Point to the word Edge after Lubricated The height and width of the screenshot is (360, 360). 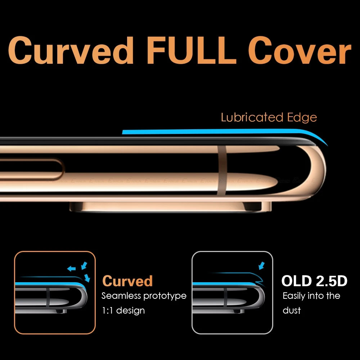pyautogui.click(x=302, y=118)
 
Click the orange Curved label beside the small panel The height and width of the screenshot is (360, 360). pyautogui.click(x=127, y=281)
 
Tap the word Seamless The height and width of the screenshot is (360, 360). pyautogui.click(x=121, y=296)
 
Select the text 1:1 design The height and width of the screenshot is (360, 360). pyautogui.click(x=123, y=310)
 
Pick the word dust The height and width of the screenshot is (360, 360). pyautogui.click(x=292, y=310)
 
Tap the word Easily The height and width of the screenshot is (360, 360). pyautogui.click(x=296, y=296)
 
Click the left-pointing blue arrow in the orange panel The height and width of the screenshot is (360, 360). pyautogui.click(x=71, y=269)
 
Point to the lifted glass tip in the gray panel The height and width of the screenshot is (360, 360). pyautogui.click(x=259, y=278)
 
